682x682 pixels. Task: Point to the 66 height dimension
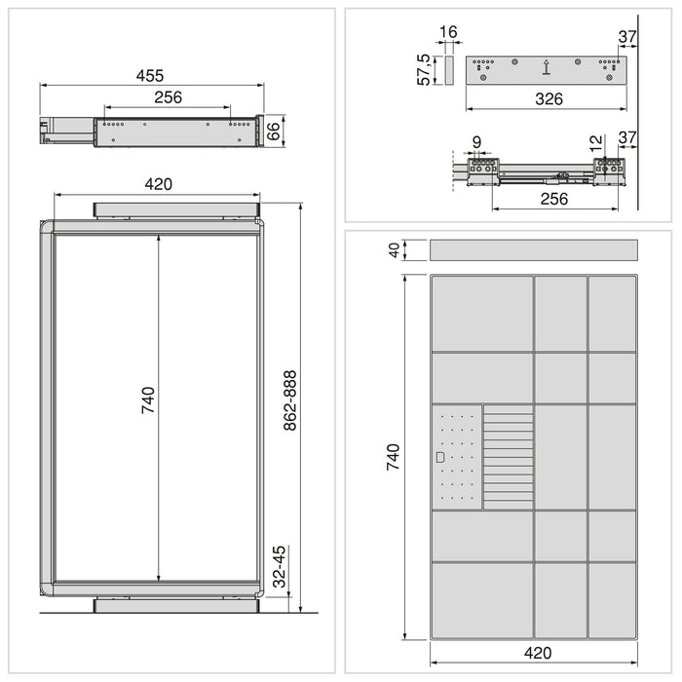[x=274, y=131]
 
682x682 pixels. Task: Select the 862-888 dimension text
[x=290, y=401]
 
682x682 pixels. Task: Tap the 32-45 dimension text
[x=281, y=566]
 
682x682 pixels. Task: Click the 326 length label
[x=549, y=99]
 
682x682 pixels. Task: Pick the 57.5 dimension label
[x=425, y=70]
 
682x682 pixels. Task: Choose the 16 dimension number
[x=448, y=33]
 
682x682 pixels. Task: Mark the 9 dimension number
[x=476, y=143]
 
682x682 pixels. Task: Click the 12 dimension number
[x=596, y=143]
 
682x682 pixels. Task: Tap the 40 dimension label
[x=395, y=250]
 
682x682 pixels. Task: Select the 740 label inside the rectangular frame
[x=147, y=400]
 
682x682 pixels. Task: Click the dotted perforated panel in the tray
[x=456, y=457]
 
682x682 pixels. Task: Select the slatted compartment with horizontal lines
[x=509, y=457]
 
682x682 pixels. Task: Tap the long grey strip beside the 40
[x=533, y=250]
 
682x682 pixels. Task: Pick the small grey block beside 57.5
[x=448, y=70]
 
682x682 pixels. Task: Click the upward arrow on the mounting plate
[x=547, y=67]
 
